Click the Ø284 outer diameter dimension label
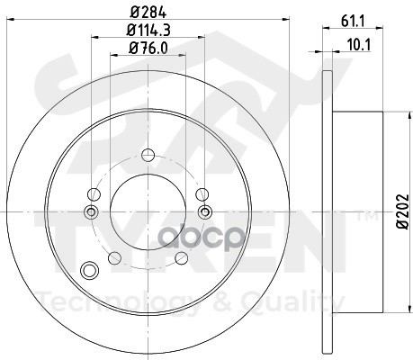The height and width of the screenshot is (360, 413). (148, 13)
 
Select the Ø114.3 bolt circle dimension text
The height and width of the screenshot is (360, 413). (148, 31)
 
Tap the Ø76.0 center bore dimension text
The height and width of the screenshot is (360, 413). (148, 48)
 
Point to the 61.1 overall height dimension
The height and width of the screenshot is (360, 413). (353, 22)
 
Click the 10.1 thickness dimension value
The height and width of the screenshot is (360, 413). (359, 45)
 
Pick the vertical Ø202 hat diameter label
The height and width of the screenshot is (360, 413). (402, 211)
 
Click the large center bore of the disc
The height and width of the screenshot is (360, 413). (148, 211)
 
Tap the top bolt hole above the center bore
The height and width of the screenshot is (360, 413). (148, 156)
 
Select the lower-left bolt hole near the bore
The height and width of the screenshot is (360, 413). (114, 258)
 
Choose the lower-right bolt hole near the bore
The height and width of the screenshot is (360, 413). (182, 258)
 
